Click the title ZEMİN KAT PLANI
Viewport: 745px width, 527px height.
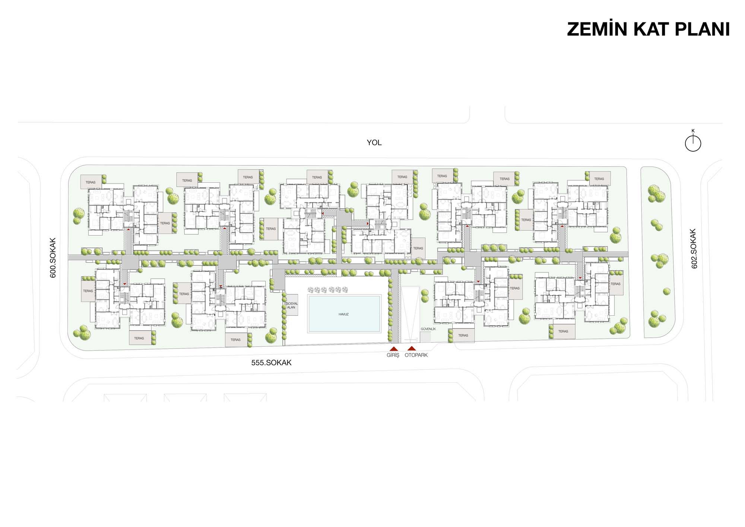(648, 29)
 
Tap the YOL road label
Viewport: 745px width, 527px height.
(374, 143)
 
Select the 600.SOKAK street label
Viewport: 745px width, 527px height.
(53, 258)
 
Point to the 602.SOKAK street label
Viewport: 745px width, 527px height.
(694, 249)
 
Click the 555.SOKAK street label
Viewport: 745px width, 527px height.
(271, 363)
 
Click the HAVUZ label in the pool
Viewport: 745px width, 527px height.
(343, 314)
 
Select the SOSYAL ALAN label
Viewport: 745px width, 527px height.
(292, 305)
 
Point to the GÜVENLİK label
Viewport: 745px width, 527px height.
(428, 329)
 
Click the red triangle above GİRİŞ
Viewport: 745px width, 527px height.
(393, 349)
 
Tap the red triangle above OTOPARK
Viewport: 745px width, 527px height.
(412, 348)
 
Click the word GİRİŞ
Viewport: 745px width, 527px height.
(393, 355)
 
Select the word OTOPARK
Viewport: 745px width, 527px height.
(416, 355)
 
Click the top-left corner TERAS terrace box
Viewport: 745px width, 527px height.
(91, 182)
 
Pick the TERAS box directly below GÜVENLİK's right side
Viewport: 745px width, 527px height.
(463, 335)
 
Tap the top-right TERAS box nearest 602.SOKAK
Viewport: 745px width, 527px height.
(599, 179)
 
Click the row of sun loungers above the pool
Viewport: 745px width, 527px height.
(328, 290)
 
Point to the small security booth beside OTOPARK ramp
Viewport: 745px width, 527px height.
(425, 337)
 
